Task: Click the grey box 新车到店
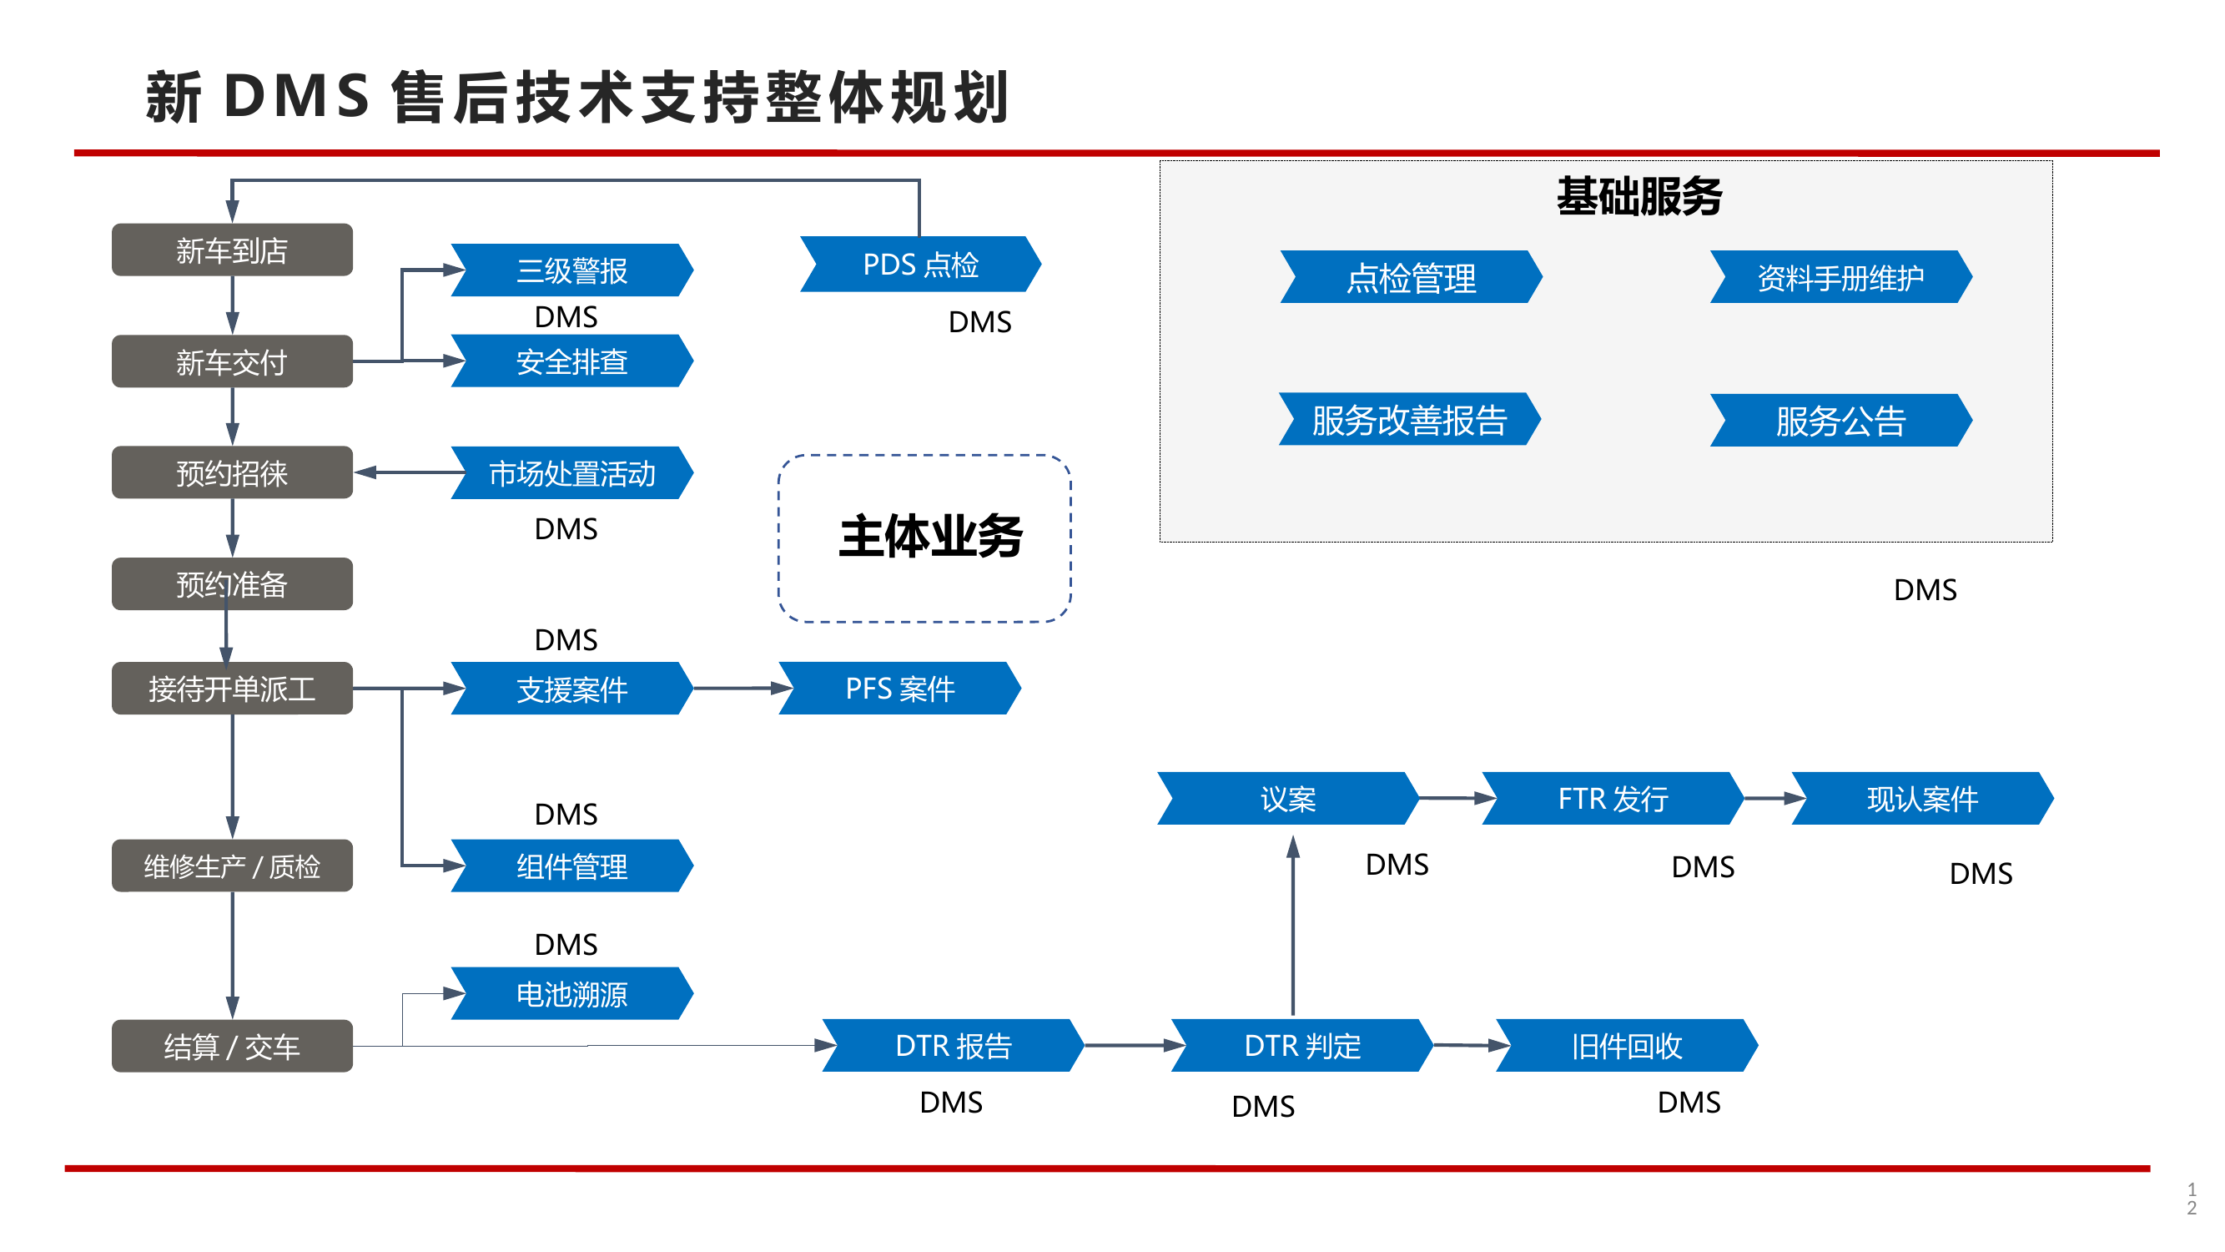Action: (x=231, y=250)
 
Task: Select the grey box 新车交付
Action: (x=231, y=362)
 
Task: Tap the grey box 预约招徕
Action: (x=231, y=472)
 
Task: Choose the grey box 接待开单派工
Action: (x=231, y=689)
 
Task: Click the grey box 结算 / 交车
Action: (x=231, y=1047)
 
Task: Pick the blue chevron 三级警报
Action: (x=571, y=270)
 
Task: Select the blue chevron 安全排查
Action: (x=571, y=361)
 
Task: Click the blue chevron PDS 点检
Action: (x=921, y=265)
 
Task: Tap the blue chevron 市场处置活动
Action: (x=571, y=473)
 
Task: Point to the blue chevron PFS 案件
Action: (x=900, y=689)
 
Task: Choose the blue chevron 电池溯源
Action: (x=571, y=993)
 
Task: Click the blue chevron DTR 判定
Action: (x=1301, y=1046)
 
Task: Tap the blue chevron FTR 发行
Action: (x=1613, y=799)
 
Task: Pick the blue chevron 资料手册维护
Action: (x=1840, y=277)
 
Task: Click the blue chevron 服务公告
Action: (x=1840, y=421)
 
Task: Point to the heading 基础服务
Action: (x=1639, y=196)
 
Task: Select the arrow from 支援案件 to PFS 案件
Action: (x=742, y=689)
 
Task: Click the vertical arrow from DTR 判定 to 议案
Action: (x=1293, y=925)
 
